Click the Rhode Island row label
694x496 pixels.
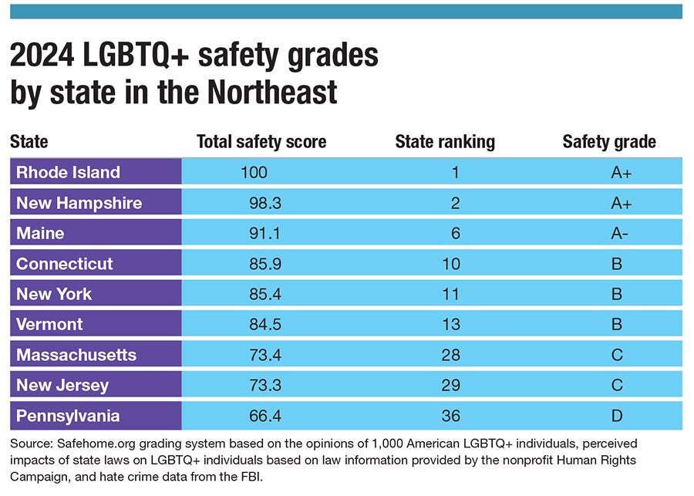point(68,172)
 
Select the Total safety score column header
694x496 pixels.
point(261,142)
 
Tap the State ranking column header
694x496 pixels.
point(445,142)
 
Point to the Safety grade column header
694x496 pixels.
point(609,142)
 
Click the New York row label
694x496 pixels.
point(54,294)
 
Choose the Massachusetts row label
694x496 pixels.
point(76,355)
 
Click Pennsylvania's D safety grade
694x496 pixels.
point(617,416)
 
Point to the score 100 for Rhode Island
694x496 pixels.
point(254,172)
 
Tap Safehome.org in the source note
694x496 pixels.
point(86,445)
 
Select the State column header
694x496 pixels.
point(29,142)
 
